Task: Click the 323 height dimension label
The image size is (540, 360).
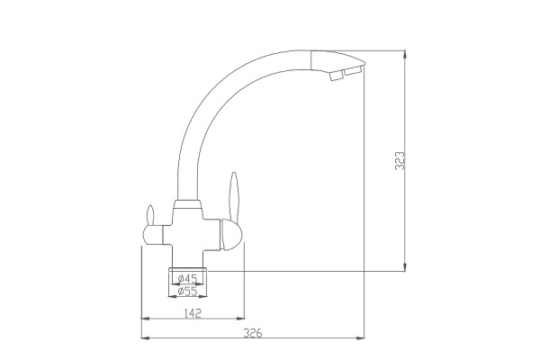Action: (400, 160)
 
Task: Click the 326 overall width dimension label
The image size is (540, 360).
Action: (253, 334)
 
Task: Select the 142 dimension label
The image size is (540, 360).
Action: (193, 313)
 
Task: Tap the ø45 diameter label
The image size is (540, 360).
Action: (188, 278)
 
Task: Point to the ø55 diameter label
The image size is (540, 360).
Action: (188, 292)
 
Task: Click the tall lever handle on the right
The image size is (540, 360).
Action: (234, 196)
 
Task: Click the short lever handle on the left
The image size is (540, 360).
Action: (150, 215)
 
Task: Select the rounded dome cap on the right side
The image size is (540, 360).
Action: (231, 235)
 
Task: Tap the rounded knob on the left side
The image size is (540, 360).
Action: (153, 235)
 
